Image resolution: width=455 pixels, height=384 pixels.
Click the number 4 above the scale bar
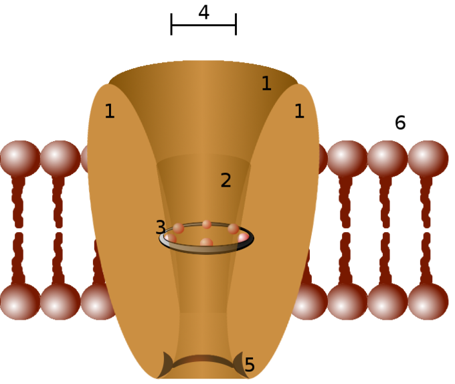(x=204, y=13)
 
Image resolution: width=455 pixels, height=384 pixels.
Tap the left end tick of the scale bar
(x=171, y=24)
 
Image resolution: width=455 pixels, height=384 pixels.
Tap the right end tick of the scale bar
(x=236, y=24)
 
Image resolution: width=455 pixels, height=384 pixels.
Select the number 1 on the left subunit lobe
(x=110, y=111)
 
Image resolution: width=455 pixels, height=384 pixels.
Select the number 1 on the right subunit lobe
(x=300, y=111)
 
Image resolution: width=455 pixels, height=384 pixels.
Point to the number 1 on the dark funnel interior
(x=266, y=84)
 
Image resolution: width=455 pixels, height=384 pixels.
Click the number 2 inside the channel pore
(x=225, y=180)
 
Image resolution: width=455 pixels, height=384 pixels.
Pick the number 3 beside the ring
(x=161, y=227)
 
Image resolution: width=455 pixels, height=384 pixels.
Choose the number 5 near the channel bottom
(x=250, y=365)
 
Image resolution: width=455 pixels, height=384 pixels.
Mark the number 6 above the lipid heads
(x=400, y=122)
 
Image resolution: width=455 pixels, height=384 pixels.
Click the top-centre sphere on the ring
(x=207, y=224)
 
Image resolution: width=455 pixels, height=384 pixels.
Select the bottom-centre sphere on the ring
(x=206, y=243)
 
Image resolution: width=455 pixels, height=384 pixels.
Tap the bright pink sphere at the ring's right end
(x=243, y=237)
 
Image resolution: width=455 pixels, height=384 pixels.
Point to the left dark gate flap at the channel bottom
(x=167, y=365)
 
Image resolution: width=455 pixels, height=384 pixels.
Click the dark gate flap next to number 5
(x=240, y=365)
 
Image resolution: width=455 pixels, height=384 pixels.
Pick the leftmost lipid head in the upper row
(x=19, y=159)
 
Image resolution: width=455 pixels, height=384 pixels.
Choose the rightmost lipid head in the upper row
(x=428, y=159)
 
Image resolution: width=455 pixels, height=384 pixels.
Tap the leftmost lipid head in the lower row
(x=19, y=302)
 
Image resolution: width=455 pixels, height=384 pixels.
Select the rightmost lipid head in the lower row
(x=428, y=302)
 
